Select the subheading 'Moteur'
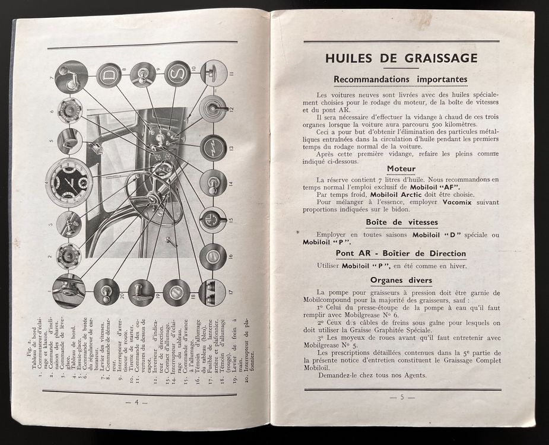(401, 169)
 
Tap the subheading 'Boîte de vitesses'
(402, 223)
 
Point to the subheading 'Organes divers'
(402, 280)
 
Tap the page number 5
(402, 396)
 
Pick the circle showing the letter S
(177, 74)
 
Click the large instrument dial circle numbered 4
(69, 182)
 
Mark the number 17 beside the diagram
(231, 292)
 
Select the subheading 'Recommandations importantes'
(400, 79)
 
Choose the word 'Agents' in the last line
(411, 375)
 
